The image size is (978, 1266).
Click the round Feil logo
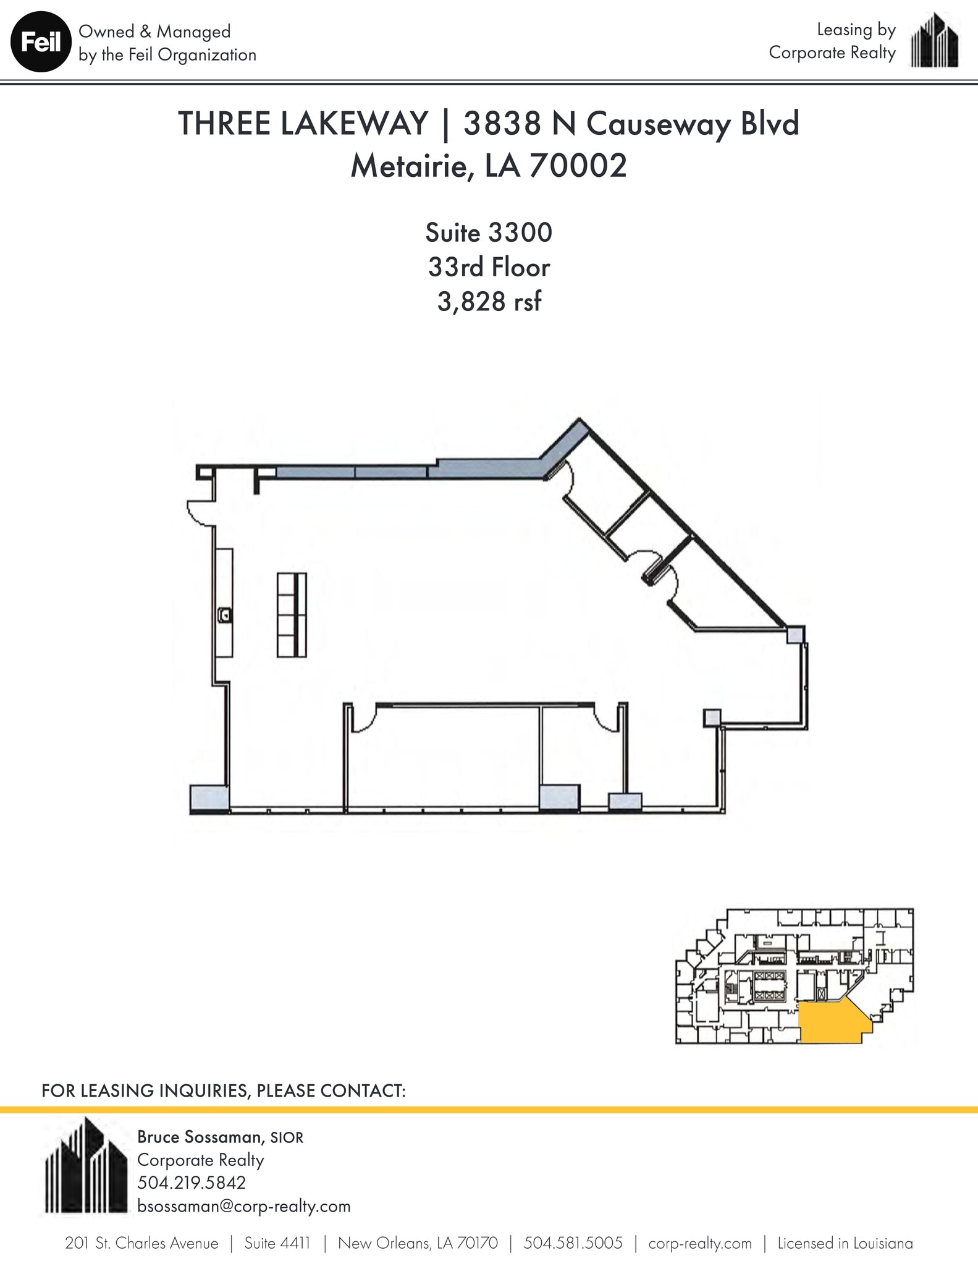(41, 43)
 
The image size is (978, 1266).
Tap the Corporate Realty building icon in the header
(935, 41)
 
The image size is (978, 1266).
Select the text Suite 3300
(488, 233)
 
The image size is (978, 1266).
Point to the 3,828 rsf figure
(489, 302)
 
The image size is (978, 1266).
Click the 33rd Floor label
(489, 268)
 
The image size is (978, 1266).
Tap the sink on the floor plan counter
(226, 615)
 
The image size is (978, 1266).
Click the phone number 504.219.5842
(192, 1183)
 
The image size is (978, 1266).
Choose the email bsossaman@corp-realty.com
(243, 1206)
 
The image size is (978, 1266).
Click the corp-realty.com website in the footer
(699, 1243)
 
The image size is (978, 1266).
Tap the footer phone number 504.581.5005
(573, 1243)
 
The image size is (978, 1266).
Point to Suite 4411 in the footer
(277, 1243)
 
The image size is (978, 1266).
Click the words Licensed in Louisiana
(845, 1243)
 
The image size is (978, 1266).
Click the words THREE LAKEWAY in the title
(303, 124)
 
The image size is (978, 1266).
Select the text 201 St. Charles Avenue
(141, 1243)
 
